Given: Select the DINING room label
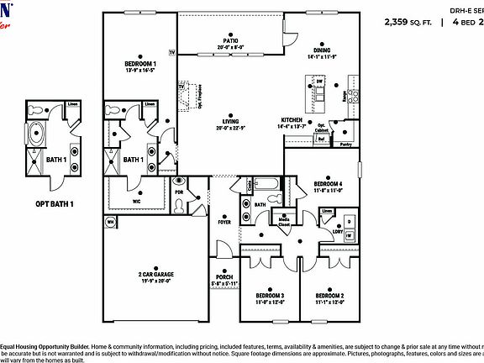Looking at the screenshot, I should [x=323, y=50].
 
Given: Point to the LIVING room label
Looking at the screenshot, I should [x=224, y=120].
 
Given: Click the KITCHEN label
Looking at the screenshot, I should [x=292, y=120].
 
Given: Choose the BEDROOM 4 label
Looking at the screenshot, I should [x=328, y=183].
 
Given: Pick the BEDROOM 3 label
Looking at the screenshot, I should [x=271, y=296].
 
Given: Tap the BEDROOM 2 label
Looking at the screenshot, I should [x=329, y=296].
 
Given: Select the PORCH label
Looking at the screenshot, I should [x=224, y=276].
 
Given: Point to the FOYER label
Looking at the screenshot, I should [x=224, y=222].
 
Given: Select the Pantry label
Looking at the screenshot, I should [x=345, y=145].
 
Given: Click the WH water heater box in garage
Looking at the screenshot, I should [x=110, y=222].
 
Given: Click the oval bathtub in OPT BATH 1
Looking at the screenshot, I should [x=38, y=134].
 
